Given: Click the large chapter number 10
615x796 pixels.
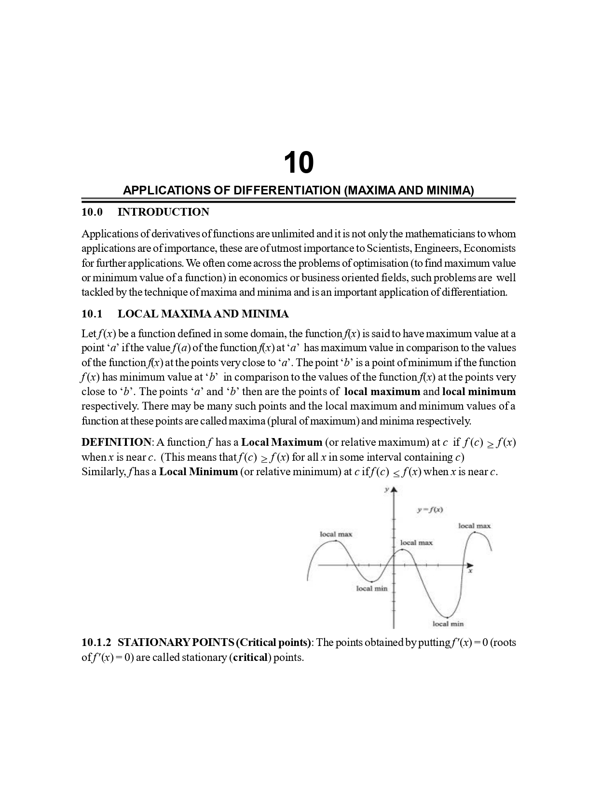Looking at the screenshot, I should tap(298, 163).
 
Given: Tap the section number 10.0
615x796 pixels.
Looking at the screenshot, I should tap(92, 212).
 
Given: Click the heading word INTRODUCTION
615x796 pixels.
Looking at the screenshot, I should tap(163, 212).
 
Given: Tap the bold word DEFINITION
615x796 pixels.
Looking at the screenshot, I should tap(116, 442).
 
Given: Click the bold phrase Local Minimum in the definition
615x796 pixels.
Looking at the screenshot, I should tap(198, 472).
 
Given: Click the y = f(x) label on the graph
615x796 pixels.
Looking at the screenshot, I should tap(430, 509).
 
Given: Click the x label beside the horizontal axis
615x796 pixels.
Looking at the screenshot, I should tap(470, 572).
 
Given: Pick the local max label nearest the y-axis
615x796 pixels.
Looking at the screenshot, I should tap(416, 543).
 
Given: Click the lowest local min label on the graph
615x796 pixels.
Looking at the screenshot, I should tap(448, 624).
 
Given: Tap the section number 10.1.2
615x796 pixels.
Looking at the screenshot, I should tap(96, 643).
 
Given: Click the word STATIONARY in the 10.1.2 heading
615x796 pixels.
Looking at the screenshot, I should tap(153, 643).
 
